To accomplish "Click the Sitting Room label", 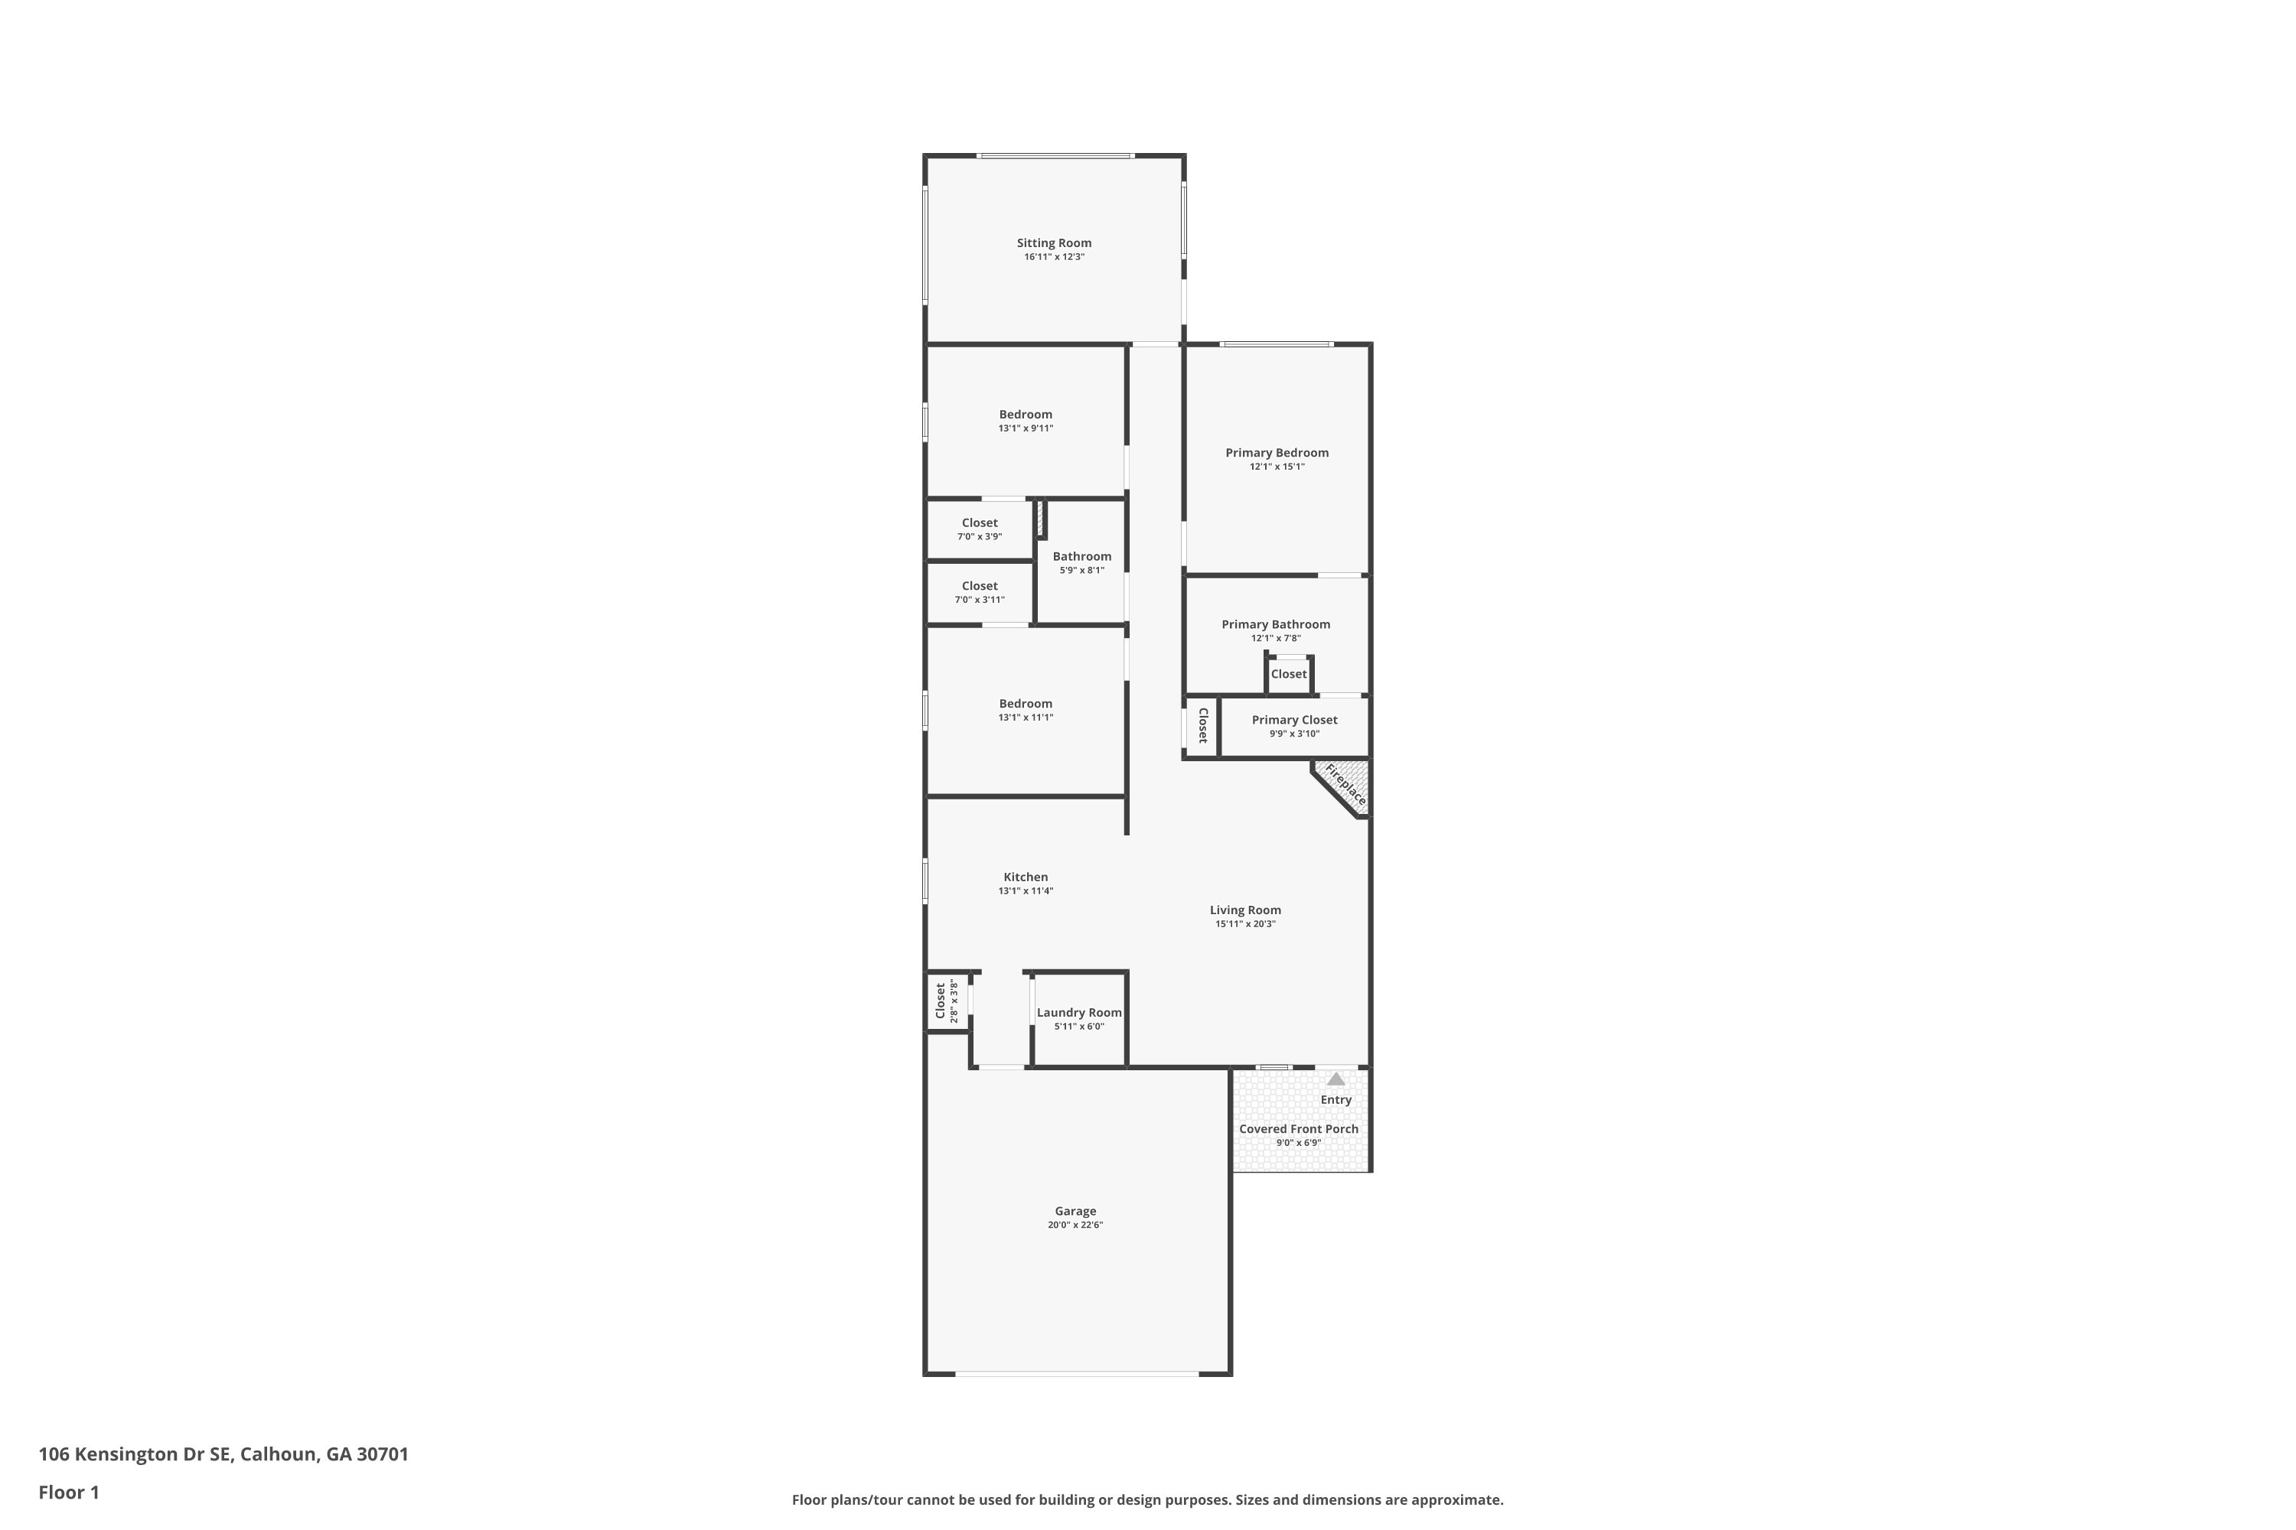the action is (1055, 243).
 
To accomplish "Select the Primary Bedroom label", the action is (1277, 453).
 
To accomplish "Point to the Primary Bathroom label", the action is (1276, 624).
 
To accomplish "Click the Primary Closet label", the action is (1294, 720).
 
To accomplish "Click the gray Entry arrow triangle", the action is (1336, 1079).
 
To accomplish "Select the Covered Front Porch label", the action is (1298, 1129).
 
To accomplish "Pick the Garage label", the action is (1076, 1211).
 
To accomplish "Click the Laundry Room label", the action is (1080, 1013).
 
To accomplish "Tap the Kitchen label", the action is (1026, 877).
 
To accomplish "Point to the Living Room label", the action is (1246, 910).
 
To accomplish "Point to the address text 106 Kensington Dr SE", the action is (135, 1454).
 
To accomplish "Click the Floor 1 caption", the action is (70, 1492).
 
